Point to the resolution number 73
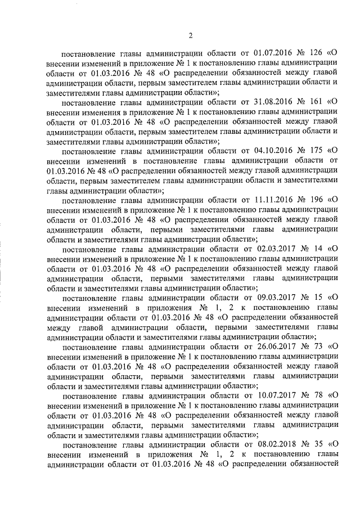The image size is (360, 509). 314,347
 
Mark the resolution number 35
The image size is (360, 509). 314,444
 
